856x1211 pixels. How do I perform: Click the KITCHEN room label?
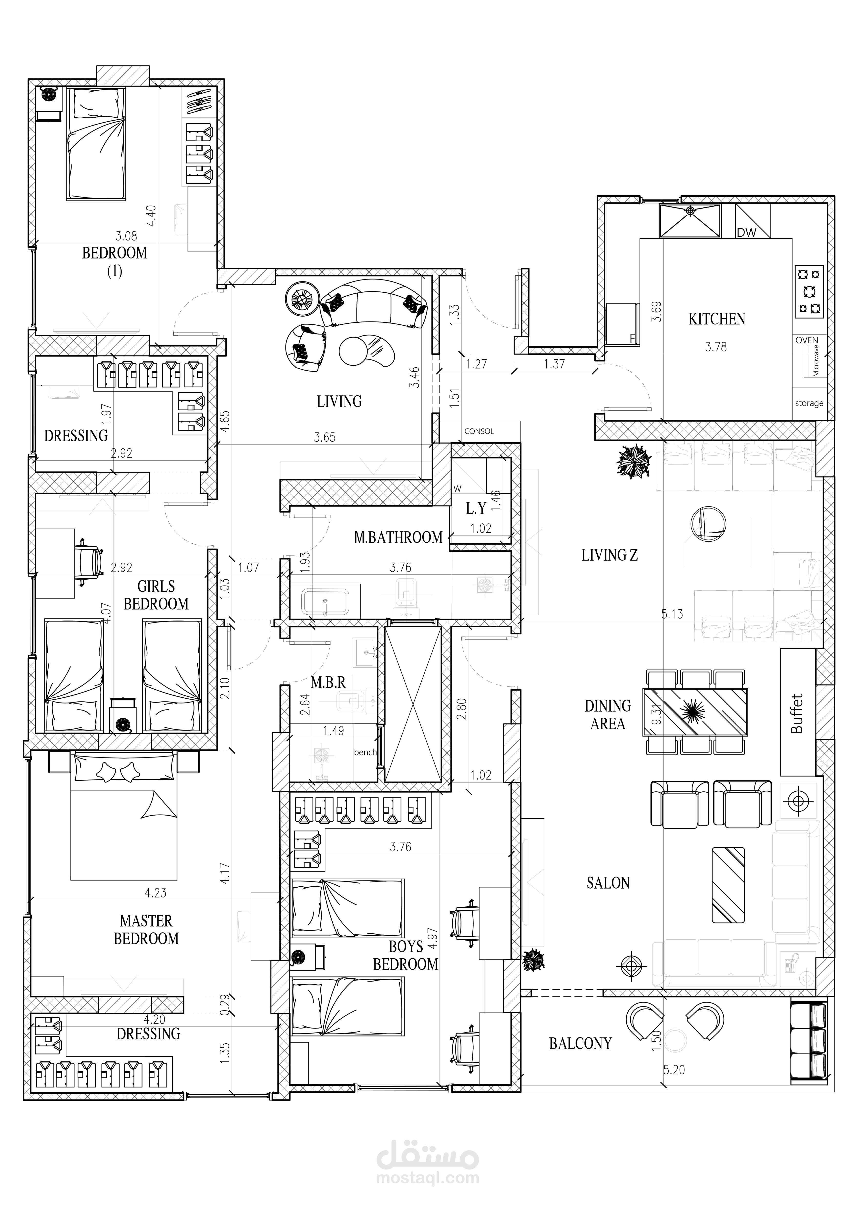[717, 319]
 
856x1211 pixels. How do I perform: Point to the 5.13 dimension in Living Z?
[672, 614]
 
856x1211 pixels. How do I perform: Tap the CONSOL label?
[479, 431]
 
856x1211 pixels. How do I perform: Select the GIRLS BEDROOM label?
[156, 595]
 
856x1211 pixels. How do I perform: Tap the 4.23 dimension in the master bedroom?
[155, 893]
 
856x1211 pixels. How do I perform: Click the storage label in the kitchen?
[809, 403]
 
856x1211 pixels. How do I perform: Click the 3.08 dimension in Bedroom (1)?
[126, 236]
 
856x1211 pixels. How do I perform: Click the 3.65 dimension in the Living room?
[325, 437]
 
